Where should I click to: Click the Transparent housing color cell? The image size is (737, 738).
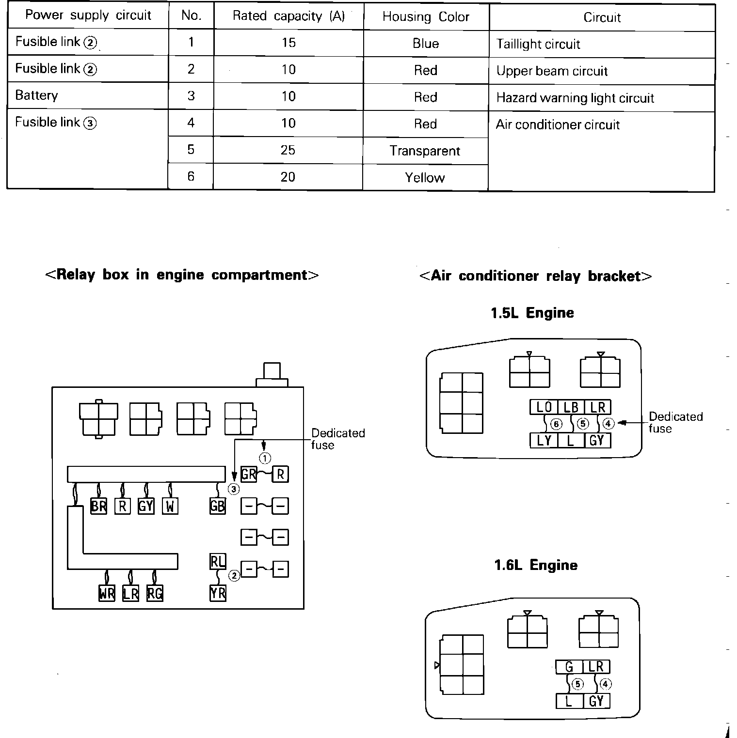pos(425,151)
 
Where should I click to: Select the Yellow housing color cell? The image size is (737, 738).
pos(425,178)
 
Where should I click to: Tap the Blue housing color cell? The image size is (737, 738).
pos(426,44)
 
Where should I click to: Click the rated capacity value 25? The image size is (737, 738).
pos(288,150)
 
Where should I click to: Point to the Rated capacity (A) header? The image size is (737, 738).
pos(288,16)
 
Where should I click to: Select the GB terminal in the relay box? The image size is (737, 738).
pos(217,506)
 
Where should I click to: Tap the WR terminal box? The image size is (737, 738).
pos(107,593)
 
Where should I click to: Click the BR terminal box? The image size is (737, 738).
pos(98,506)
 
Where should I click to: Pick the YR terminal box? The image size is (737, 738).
pos(218,593)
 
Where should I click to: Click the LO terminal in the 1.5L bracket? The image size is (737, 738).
pos(544,408)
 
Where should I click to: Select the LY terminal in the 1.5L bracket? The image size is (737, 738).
pos(544,440)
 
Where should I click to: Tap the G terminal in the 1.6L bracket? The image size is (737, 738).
pos(569,667)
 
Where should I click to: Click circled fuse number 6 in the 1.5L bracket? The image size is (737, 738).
pos(556,424)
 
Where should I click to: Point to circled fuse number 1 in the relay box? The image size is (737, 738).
pos(265,458)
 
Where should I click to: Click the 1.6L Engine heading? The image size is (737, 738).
pos(536,565)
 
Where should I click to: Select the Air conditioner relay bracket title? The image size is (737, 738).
pos(535,276)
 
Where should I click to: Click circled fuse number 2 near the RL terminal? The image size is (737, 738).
pos(234,576)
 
